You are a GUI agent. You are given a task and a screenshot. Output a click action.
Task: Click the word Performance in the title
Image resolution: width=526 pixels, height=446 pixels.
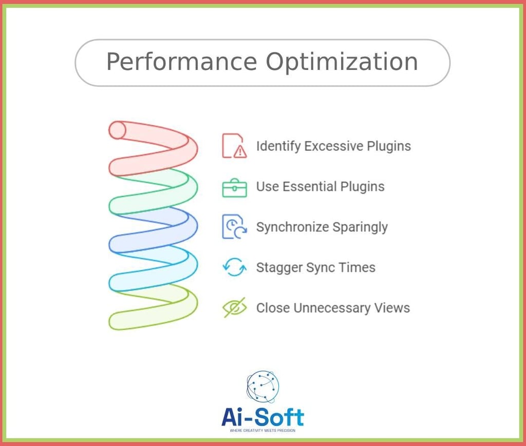tap(182, 62)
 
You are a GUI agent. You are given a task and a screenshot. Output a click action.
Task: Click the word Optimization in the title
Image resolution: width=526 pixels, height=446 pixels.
tap(342, 62)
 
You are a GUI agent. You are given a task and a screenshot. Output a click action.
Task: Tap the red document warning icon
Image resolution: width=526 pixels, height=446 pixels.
tap(234, 146)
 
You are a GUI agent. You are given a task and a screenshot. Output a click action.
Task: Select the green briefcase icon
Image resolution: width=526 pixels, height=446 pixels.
tap(234, 188)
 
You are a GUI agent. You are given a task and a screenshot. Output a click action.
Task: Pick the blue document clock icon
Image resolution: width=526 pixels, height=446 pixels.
tap(234, 227)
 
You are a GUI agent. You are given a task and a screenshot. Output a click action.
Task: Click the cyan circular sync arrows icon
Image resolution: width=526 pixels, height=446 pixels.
tap(234, 267)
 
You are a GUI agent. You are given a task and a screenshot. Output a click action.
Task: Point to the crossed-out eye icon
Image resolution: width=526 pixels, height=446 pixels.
tap(234, 307)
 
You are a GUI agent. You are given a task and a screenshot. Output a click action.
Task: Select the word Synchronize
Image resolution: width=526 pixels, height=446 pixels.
tap(292, 227)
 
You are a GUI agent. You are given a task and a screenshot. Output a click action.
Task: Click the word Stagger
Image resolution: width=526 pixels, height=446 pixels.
tap(279, 268)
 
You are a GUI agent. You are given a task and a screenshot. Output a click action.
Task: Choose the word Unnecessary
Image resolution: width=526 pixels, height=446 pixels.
tap(332, 308)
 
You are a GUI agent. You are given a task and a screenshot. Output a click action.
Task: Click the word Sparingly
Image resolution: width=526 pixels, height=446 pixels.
tap(360, 227)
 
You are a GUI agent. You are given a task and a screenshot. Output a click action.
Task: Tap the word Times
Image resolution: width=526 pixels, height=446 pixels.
tap(357, 267)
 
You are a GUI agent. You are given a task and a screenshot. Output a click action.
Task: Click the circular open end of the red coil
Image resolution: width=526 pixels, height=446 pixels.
tap(117, 130)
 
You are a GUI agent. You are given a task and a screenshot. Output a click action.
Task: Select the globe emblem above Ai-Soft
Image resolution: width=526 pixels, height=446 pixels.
tap(262, 386)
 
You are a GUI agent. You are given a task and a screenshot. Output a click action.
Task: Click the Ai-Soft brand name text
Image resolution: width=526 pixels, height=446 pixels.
tap(262, 417)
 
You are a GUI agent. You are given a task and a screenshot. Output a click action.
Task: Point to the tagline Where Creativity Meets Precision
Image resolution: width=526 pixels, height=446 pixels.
tap(262, 431)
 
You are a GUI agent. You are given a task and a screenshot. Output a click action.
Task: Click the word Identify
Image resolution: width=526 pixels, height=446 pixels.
tap(278, 146)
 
